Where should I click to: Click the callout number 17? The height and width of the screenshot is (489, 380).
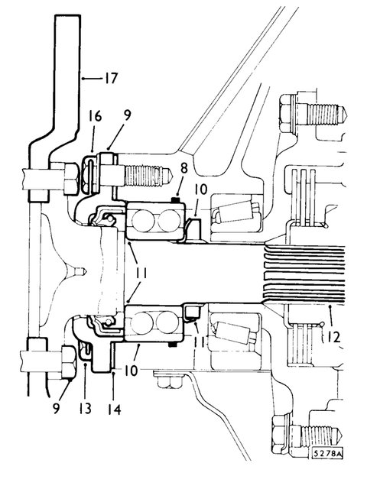110,78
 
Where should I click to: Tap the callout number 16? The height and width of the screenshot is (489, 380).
95,116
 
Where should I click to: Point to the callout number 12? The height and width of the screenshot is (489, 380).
333,337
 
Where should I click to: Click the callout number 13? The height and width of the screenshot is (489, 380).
85,409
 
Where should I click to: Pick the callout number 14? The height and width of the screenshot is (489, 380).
114,410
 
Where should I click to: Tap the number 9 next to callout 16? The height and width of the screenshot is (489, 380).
127,115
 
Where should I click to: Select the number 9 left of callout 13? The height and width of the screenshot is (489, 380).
56,408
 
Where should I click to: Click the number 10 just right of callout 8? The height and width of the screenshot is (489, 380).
200,189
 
